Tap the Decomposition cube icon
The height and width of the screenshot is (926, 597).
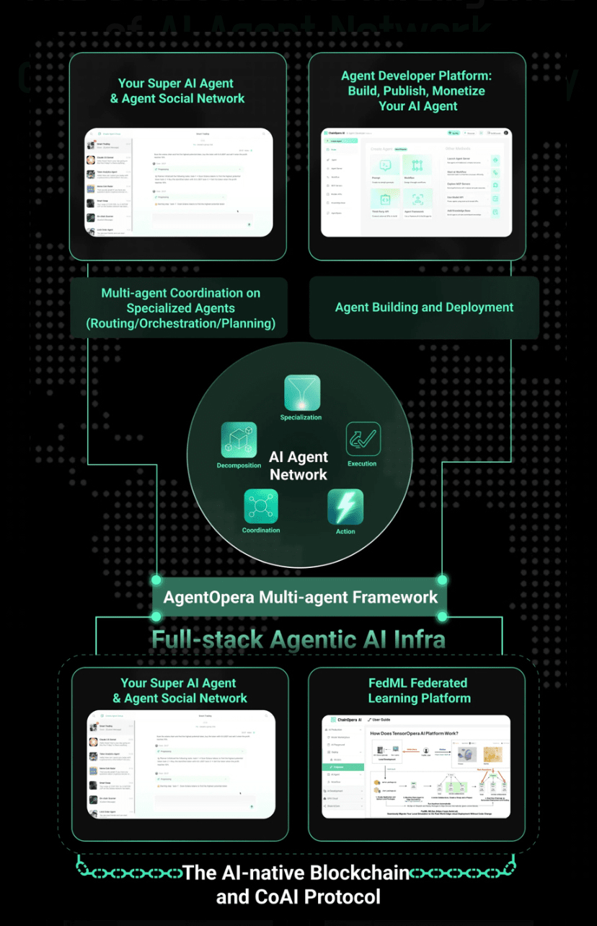click(239, 440)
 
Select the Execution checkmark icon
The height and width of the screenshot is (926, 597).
click(363, 439)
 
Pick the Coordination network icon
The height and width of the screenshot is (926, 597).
click(260, 506)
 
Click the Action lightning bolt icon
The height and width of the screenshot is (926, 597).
click(345, 507)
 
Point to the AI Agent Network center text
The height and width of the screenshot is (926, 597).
click(298, 466)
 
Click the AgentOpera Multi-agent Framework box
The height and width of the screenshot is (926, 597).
click(300, 597)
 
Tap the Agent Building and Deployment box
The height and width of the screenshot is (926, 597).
click(424, 307)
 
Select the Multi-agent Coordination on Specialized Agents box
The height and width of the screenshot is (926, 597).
click(180, 308)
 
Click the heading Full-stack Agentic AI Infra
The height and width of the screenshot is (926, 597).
click(298, 639)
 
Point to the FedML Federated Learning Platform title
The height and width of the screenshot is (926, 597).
click(418, 690)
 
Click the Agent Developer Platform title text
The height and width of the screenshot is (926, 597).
click(412, 76)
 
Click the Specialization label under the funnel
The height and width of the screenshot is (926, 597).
click(301, 417)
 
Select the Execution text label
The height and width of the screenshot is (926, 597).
click(362, 463)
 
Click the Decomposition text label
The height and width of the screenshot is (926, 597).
click(239, 466)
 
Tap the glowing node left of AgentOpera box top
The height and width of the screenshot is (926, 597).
click(156, 580)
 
